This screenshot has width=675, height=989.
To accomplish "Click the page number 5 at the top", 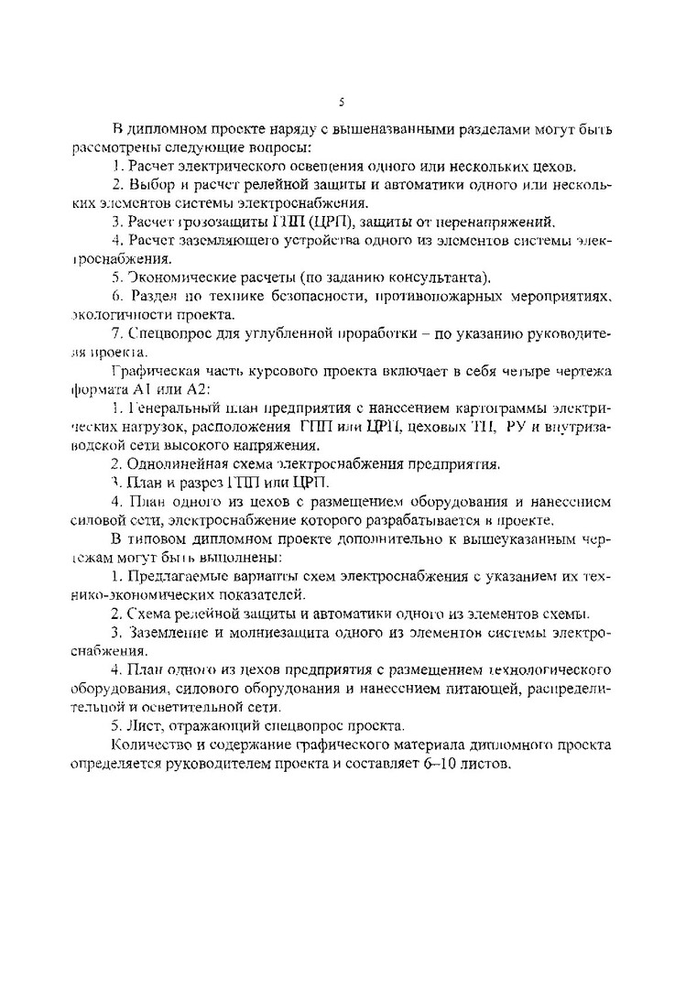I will click(341, 102).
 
